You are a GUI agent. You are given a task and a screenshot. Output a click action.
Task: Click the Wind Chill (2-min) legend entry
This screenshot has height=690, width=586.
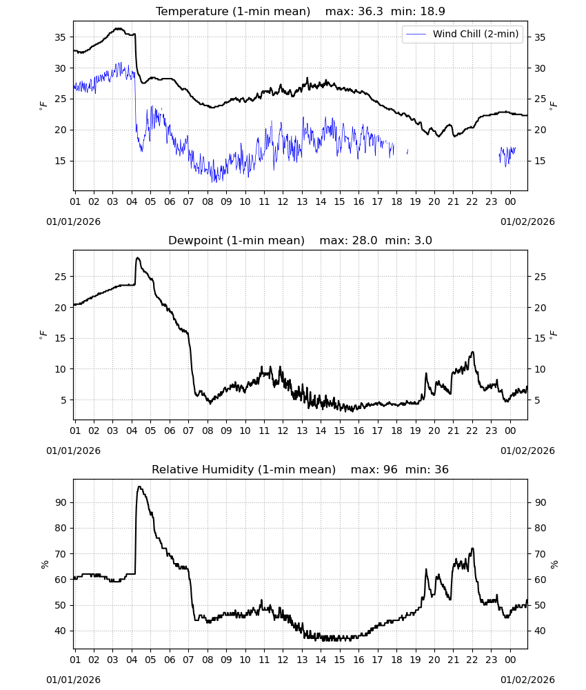point(463,34)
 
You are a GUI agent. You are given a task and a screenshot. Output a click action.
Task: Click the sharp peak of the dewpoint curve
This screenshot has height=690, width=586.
point(138,258)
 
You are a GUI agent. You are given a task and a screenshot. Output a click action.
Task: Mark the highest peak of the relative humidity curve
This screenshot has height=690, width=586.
point(139,486)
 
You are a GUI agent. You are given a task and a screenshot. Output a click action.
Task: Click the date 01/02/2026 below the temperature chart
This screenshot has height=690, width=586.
point(527,221)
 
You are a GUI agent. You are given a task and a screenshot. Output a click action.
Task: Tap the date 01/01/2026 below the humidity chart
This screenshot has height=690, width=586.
point(73,680)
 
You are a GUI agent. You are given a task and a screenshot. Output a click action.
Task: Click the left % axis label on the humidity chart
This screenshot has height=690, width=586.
point(44,564)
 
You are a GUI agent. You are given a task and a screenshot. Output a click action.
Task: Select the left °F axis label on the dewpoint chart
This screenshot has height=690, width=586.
point(43,335)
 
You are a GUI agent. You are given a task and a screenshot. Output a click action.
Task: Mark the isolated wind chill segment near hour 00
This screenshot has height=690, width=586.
point(507,156)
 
